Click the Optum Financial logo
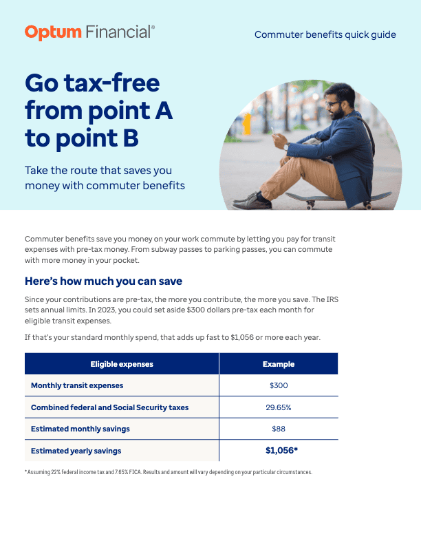coord(89,32)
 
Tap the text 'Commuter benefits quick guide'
coord(325,34)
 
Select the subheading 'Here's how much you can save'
coord(103,281)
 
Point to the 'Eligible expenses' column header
coord(122,364)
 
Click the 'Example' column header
coord(279,364)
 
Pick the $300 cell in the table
coord(279,385)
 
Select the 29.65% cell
coord(279,407)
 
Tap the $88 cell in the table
coord(279,429)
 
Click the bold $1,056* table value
coord(281,451)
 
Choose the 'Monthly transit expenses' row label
coord(77,385)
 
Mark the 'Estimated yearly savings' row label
coord(76,451)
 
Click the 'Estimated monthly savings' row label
coord(80,429)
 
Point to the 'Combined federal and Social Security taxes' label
coord(109,407)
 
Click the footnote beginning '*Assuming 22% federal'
coord(169,473)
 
